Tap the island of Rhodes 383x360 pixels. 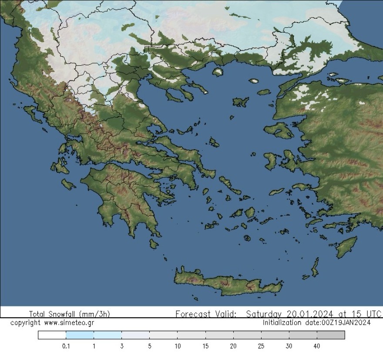click(x=346, y=247)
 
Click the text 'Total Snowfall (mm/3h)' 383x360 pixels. click(x=70, y=314)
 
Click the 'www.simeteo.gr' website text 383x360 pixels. click(x=69, y=323)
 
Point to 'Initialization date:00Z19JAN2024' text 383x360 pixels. click(x=317, y=323)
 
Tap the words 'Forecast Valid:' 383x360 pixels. click(x=206, y=314)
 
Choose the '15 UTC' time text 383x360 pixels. click(x=367, y=314)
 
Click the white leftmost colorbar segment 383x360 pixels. click(x=52, y=335)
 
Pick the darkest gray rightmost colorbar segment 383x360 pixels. click(x=331, y=335)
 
